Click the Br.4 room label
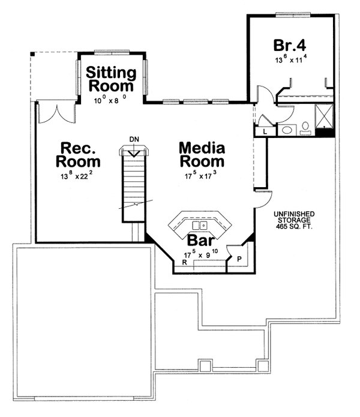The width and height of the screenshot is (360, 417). click(290, 46)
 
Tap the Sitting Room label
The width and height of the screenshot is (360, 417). click(111, 79)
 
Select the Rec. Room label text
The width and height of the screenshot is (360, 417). click(78, 155)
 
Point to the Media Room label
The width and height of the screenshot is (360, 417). click(202, 155)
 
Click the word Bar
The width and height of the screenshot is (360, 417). click(201, 240)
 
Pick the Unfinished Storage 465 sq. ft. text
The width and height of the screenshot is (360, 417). click(294, 220)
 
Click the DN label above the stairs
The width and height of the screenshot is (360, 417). click(134, 139)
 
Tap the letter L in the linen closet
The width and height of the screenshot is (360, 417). click(265, 131)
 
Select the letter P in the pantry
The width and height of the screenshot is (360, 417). click(239, 259)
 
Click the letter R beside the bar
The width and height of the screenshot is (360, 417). click(184, 262)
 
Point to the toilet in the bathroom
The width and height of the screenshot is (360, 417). click(305, 128)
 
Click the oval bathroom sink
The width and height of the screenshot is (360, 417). click(287, 130)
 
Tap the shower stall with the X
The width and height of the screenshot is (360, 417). click(324, 116)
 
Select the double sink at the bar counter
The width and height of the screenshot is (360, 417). click(200, 225)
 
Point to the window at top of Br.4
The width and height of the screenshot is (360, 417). click(293, 14)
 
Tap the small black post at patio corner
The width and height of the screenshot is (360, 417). click(32, 54)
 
